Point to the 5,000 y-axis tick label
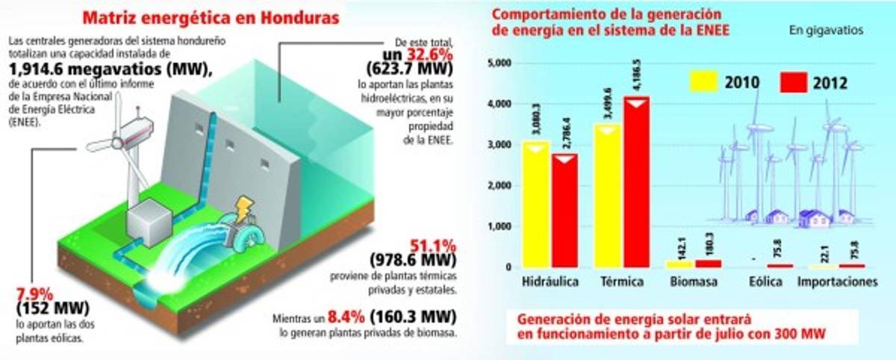pyautogui.click(x=498, y=63)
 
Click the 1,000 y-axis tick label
pyautogui.click(x=498, y=227)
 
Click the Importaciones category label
pyautogui.click(x=836, y=283)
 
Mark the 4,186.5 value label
pyautogui.click(x=637, y=76)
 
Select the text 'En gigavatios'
pyautogui.click(x=826, y=31)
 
